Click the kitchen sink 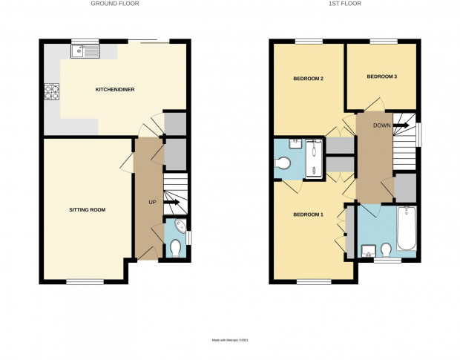click(85, 51)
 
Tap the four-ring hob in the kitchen click(52, 91)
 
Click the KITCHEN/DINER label click(115, 90)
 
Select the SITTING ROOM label click(87, 210)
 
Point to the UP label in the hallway click(152, 202)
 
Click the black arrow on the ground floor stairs click(171, 202)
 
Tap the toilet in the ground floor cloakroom click(176, 248)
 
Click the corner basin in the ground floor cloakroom click(180, 226)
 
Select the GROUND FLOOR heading click(115, 4)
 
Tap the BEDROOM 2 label click(309, 79)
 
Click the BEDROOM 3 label click(382, 76)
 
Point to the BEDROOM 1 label click(309, 215)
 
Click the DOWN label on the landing click(381, 125)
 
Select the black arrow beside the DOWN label click(401, 125)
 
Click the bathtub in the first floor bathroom click(407, 229)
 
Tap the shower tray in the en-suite click(314, 159)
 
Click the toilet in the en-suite click(283, 163)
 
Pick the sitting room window click(85, 282)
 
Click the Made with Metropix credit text click(230, 341)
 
